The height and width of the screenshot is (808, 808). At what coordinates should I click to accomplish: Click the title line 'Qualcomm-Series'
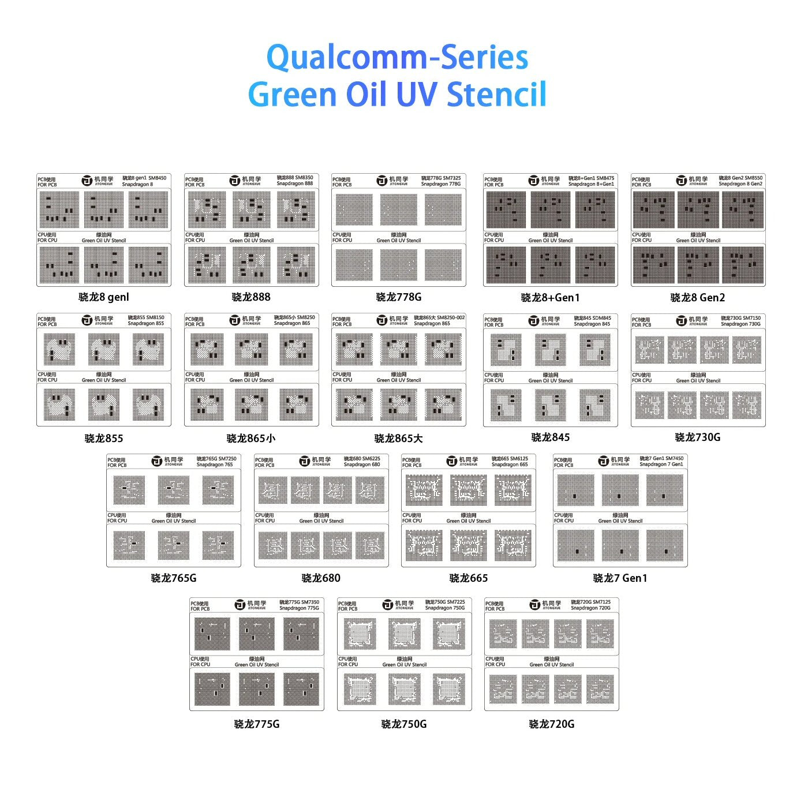(397, 57)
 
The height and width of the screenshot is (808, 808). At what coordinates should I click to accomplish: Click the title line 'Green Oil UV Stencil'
(397, 95)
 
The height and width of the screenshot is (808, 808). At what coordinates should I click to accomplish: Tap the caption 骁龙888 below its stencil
(251, 297)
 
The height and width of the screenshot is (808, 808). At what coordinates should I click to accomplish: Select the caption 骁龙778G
(399, 297)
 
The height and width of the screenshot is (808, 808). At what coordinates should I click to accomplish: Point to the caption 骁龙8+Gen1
(550, 298)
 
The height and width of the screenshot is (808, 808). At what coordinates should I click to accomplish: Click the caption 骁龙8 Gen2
(697, 298)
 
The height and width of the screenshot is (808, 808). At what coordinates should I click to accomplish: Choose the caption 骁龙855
(104, 439)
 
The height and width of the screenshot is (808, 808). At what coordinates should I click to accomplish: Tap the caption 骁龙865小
(251, 439)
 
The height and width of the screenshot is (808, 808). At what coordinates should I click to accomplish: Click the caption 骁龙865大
(399, 439)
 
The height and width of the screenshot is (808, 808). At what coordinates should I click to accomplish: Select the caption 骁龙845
(550, 437)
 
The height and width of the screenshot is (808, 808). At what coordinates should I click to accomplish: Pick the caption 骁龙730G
(697, 437)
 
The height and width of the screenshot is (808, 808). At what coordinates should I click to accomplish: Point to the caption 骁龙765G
(174, 578)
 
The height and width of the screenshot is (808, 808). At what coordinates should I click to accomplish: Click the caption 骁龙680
(321, 578)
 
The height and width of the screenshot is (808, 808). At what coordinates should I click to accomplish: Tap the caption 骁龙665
(469, 578)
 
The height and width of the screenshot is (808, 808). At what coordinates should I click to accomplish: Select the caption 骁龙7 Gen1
(620, 578)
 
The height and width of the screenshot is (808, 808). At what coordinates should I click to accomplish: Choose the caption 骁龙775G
(257, 724)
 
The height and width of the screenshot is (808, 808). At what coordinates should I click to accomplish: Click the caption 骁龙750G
(404, 724)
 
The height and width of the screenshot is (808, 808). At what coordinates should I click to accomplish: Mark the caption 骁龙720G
(552, 724)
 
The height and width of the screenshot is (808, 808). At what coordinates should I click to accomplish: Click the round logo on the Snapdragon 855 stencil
(87, 320)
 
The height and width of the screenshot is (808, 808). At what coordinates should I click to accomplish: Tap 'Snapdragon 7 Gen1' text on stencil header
(661, 465)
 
